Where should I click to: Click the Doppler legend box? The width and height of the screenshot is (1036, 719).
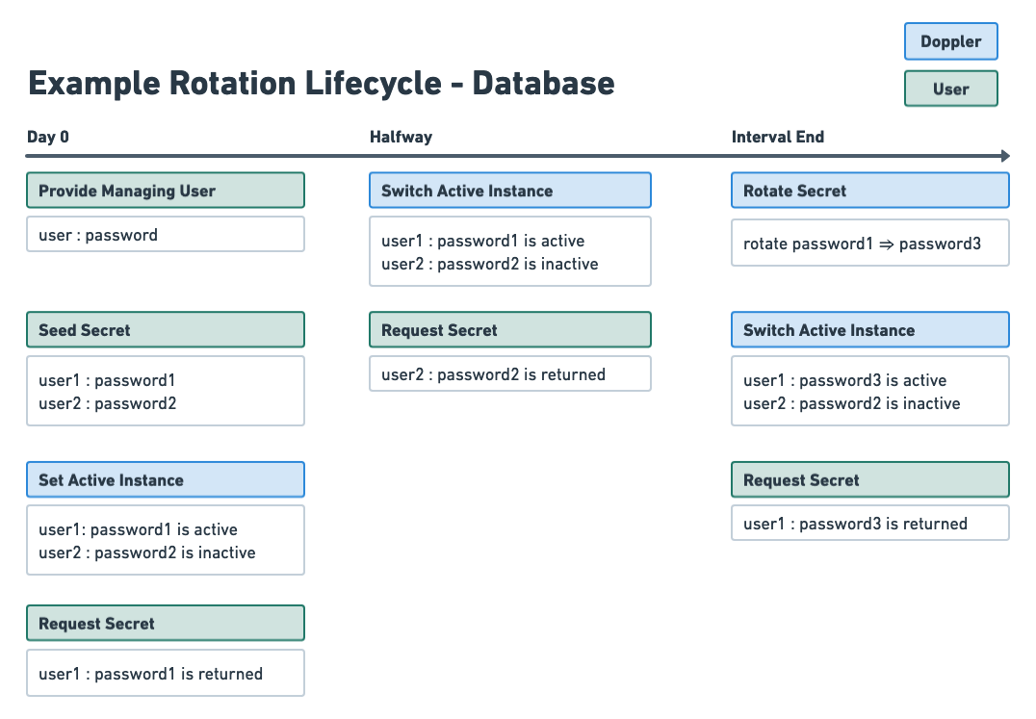click(x=950, y=41)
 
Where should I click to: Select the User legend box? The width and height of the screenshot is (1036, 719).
click(x=950, y=89)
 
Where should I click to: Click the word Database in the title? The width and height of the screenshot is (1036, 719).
click(x=543, y=84)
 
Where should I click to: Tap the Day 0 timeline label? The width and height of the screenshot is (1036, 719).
click(x=48, y=137)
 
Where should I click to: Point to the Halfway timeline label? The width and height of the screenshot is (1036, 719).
click(x=401, y=137)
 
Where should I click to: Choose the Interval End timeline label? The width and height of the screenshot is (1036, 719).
click(x=778, y=137)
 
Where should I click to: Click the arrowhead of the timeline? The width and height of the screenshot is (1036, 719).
click(x=1005, y=156)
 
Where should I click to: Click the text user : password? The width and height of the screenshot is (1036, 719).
click(x=98, y=235)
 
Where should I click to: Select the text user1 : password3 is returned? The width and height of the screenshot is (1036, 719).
click(x=855, y=524)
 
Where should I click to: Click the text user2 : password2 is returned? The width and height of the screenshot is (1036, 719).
click(x=493, y=374)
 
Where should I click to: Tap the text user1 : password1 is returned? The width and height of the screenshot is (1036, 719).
click(x=150, y=674)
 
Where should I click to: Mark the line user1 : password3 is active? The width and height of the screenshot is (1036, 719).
click(x=844, y=380)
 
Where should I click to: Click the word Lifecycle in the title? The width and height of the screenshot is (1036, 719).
click(x=372, y=84)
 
